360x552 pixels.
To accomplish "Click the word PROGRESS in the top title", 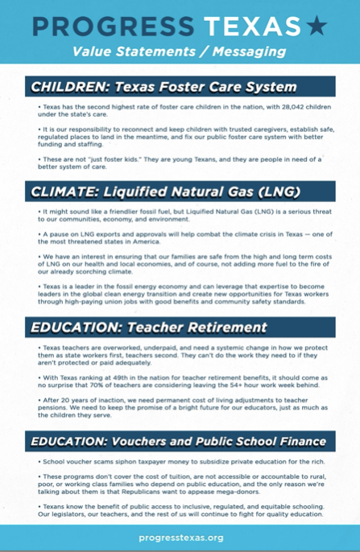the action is click(x=112, y=27).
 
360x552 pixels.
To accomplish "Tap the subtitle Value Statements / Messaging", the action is click(x=179, y=52).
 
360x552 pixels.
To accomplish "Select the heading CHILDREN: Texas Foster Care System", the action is click(x=163, y=87).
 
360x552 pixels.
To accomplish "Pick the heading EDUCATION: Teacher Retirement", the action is click(x=147, y=328).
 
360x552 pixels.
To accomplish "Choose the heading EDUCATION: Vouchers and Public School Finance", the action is click(x=179, y=441).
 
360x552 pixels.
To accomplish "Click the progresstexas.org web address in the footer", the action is click(x=180, y=537).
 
